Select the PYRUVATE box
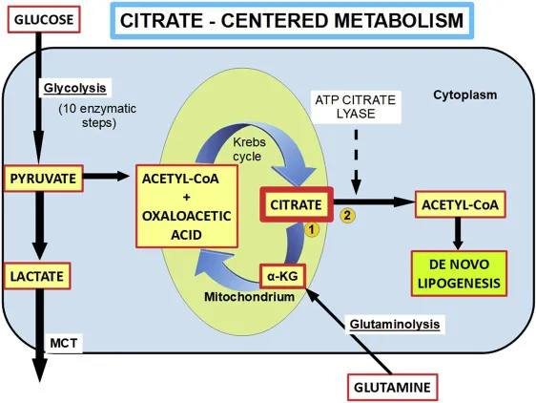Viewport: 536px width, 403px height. point(37,177)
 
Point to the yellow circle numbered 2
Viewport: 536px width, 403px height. point(347,215)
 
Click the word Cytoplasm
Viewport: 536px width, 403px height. point(465,96)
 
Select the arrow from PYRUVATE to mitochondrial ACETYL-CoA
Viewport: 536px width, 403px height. point(106,177)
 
